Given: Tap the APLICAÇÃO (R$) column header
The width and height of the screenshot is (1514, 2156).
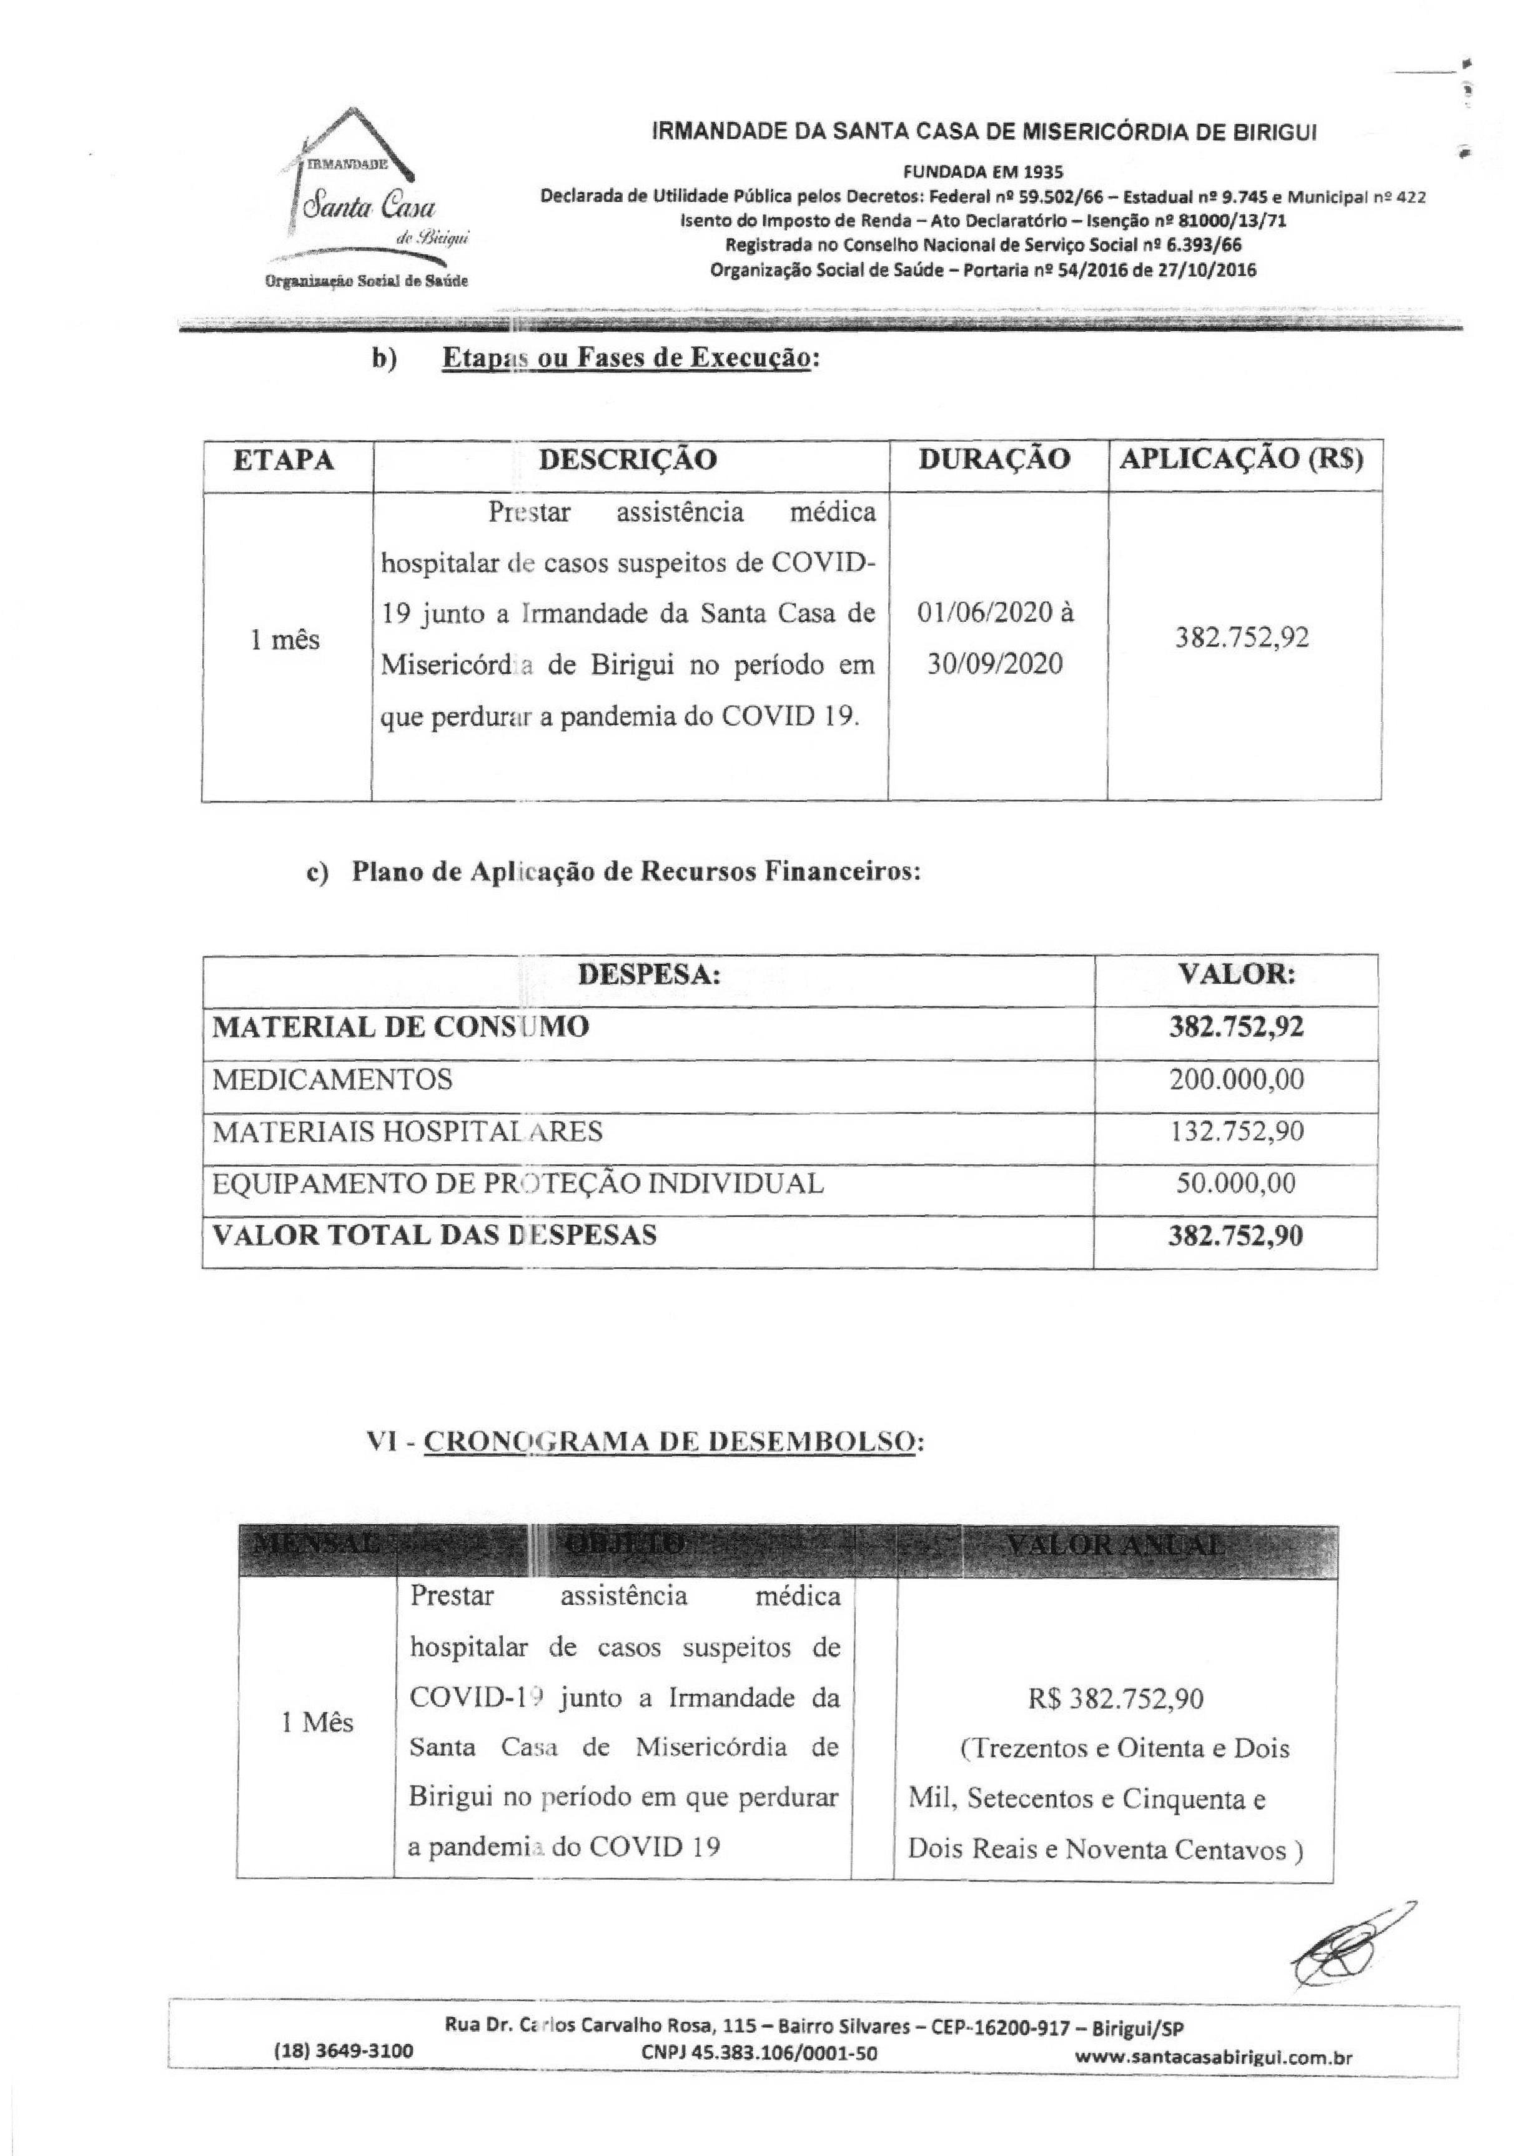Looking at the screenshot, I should pos(1242,459).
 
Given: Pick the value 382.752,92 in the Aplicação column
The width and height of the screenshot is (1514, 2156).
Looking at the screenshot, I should pos(1242,639).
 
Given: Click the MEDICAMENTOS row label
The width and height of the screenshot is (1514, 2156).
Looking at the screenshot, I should pos(332,1079).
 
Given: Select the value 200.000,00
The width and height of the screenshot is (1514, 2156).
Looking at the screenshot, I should pos(1236,1079).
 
